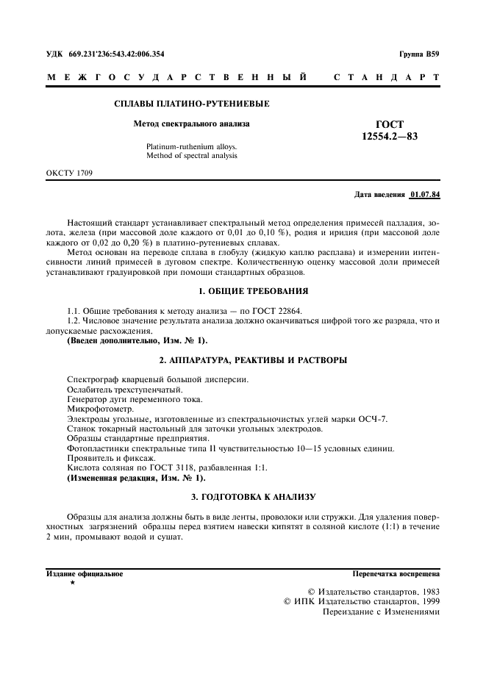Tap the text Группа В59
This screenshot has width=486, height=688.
(420, 54)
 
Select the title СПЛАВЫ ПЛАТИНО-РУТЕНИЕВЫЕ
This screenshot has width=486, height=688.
(192, 104)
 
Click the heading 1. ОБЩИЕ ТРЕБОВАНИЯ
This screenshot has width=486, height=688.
(243, 291)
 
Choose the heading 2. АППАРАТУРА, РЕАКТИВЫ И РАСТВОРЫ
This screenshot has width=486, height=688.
(243, 360)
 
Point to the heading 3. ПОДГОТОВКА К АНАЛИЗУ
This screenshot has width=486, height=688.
(243, 497)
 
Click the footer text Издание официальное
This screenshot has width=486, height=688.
(85, 573)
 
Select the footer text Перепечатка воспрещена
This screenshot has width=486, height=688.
(396, 573)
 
